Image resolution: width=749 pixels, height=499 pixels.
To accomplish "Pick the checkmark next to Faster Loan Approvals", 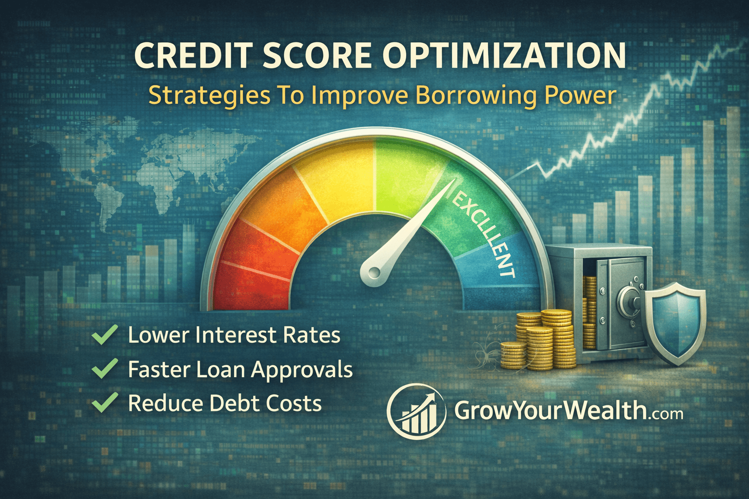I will click(x=104, y=369).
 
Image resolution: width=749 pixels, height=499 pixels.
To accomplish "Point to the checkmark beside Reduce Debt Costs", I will click(x=104, y=403).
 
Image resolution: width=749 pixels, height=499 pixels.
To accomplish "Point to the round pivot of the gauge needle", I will click(x=373, y=273).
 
